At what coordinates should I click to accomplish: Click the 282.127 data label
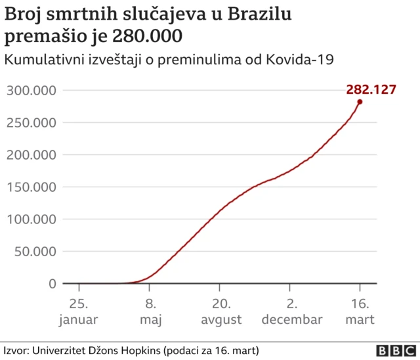(x=371, y=89)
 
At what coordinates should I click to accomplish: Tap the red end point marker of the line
(x=360, y=102)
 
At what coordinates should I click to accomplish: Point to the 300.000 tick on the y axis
(x=31, y=90)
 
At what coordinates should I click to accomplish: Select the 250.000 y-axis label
(x=31, y=122)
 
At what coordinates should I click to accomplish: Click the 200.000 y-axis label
(x=31, y=154)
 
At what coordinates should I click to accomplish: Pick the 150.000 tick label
(x=31, y=187)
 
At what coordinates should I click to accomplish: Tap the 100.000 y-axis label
(x=31, y=219)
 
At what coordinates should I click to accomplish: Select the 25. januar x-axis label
(x=79, y=312)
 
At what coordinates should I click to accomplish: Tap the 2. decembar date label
(x=291, y=312)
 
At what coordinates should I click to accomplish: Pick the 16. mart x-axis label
(x=360, y=312)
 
